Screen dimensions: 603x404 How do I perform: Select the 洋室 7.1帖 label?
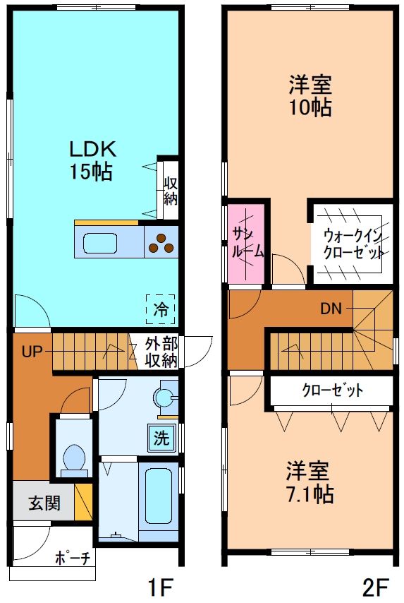point(310,482)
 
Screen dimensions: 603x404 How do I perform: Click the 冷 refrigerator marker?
point(161,308)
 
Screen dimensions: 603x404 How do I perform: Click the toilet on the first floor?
point(73,458)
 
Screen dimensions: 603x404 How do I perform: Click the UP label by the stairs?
point(32,351)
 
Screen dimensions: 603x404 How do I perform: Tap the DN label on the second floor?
point(331,308)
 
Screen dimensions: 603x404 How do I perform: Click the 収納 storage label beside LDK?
point(170,190)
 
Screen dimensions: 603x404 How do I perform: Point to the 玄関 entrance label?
point(44,503)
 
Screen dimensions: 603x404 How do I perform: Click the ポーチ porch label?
point(73,558)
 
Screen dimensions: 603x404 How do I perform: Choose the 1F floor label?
point(160,585)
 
